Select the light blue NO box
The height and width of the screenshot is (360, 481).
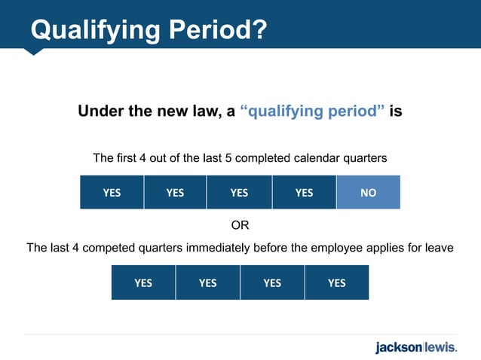(x=368, y=192)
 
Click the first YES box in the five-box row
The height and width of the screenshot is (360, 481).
(x=112, y=192)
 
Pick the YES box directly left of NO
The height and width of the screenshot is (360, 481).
(x=304, y=192)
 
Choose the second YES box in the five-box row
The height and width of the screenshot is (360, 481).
(x=175, y=192)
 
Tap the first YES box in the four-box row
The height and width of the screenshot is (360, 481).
(x=143, y=282)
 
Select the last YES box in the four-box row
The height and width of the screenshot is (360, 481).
(x=337, y=282)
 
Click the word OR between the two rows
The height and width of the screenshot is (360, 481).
(x=240, y=225)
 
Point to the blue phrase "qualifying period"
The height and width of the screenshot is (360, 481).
(x=312, y=112)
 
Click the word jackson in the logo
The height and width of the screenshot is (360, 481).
(x=399, y=347)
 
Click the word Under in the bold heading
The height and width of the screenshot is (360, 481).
(x=98, y=112)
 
